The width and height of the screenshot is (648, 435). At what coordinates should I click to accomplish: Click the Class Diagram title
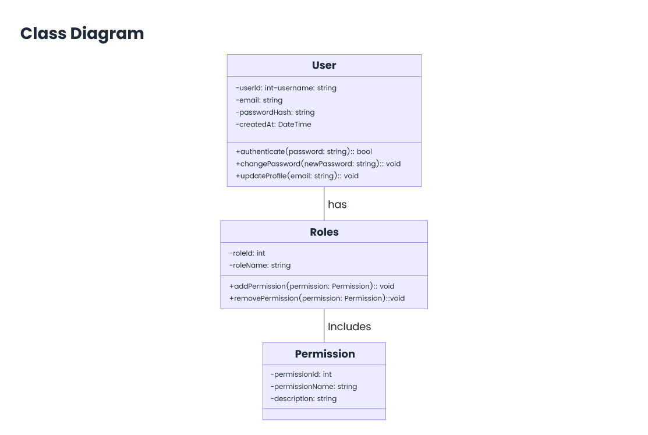(82, 34)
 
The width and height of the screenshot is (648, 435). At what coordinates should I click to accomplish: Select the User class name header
(324, 65)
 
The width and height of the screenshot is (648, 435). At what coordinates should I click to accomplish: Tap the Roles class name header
(324, 232)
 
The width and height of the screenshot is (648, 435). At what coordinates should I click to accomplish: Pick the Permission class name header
(324, 354)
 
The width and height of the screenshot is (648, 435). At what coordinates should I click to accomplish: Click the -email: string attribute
(259, 100)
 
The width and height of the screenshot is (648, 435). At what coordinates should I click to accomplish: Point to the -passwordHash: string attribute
(275, 112)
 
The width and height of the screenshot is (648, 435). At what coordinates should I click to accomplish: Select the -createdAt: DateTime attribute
(273, 125)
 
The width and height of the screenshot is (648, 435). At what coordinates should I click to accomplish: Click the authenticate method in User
(303, 152)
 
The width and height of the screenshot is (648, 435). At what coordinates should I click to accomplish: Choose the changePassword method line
(318, 164)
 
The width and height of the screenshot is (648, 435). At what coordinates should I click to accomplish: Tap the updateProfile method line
(297, 176)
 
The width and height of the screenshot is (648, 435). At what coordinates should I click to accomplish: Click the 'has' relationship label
(337, 204)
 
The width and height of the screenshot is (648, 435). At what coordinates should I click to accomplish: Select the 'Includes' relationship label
(349, 327)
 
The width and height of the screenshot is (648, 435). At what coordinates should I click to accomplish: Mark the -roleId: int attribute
(247, 253)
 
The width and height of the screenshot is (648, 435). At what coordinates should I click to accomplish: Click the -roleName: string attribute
(260, 266)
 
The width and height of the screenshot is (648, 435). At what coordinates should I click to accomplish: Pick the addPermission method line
(311, 287)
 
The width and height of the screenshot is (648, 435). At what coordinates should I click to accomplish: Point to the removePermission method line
(317, 298)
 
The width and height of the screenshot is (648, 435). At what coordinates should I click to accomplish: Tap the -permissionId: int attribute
(301, 374)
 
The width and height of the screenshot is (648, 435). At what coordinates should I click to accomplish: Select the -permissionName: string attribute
(313, 387)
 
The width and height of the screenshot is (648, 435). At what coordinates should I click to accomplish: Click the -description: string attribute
(303, 399)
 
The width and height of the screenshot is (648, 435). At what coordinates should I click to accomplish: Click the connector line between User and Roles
(324, 203)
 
